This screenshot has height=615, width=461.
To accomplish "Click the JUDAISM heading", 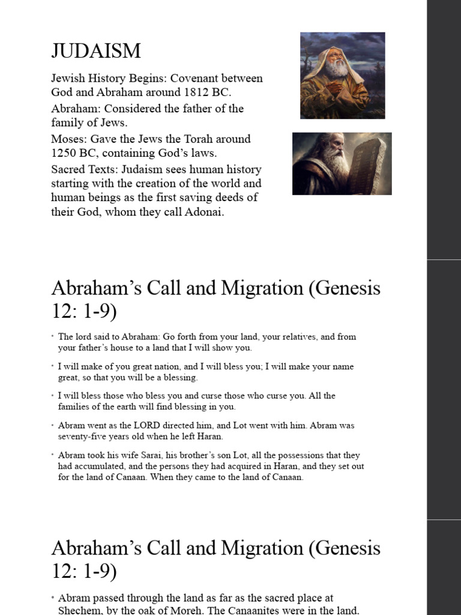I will click(96, 51).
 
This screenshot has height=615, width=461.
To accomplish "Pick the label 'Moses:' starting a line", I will click(68, 139).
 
